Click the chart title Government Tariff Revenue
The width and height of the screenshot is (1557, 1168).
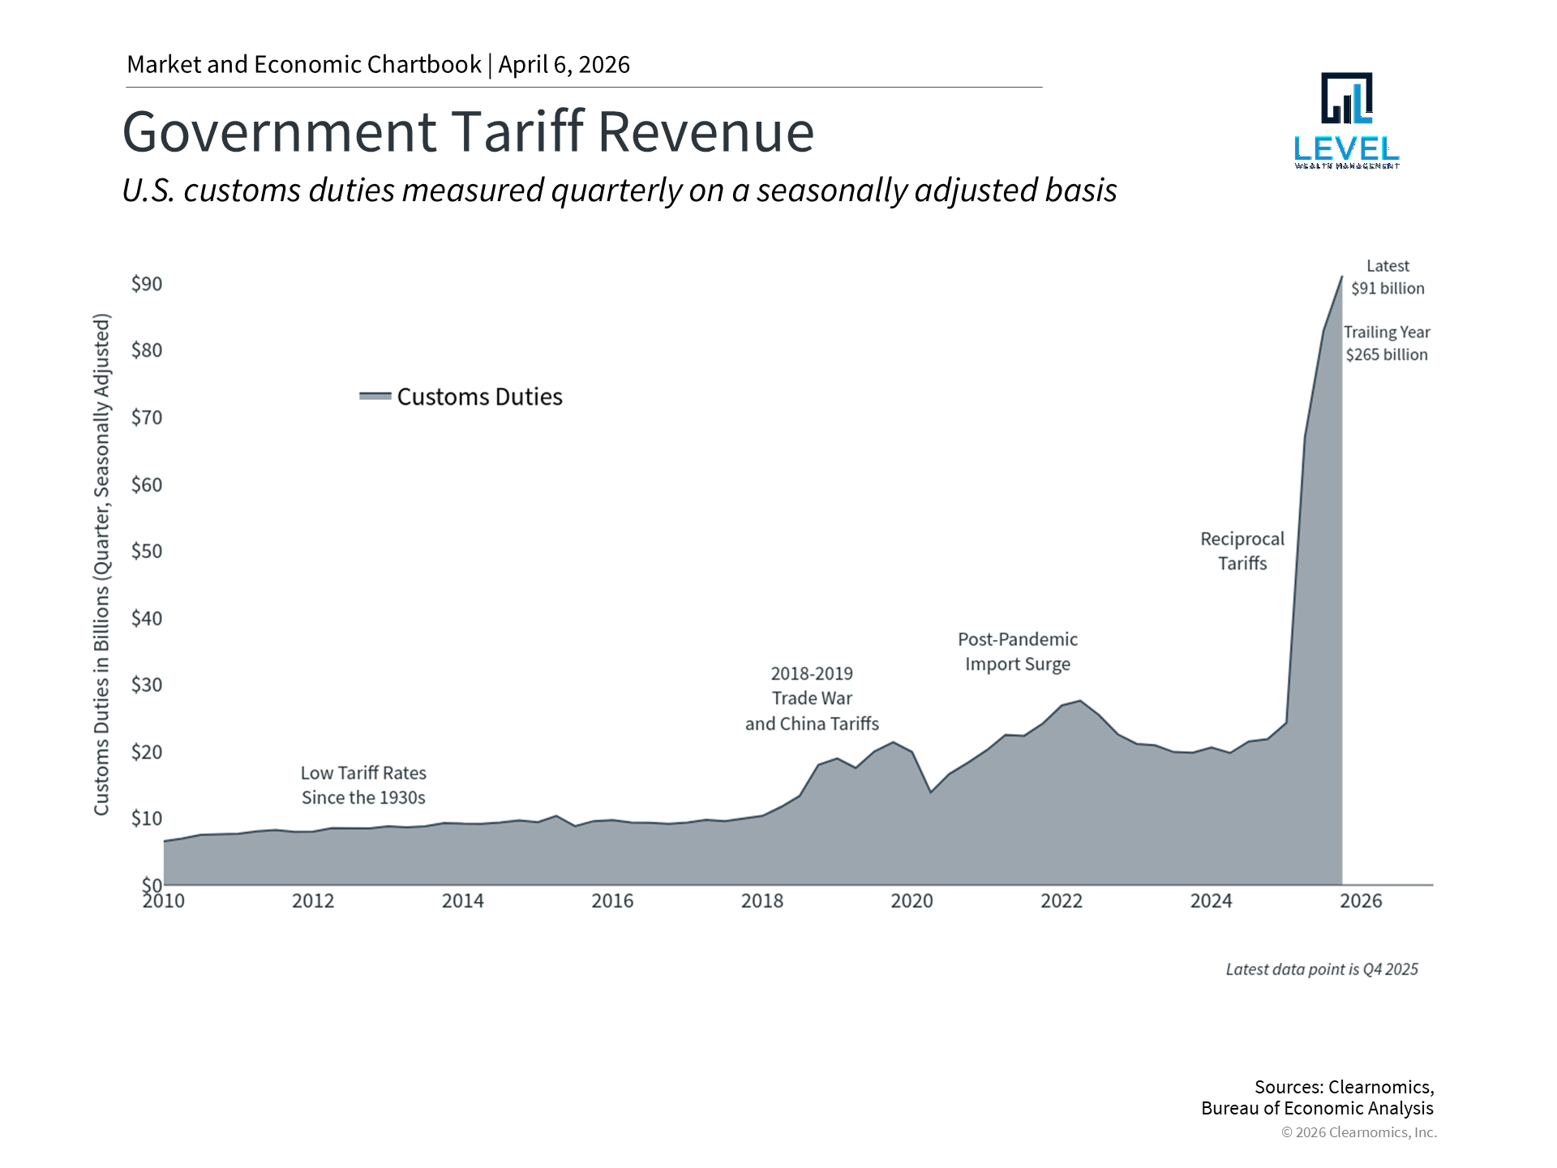(468, 131)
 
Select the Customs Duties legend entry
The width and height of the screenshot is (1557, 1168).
(461, 397)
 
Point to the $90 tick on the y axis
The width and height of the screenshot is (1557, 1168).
(147, 284)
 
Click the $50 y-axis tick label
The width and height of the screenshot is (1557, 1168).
(147, 552)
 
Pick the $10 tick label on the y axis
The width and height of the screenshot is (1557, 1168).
(147, 818)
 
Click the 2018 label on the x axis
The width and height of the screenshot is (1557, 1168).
(761, 901)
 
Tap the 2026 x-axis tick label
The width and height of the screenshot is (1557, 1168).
(1360, 901)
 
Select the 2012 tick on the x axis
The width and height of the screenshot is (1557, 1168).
(313, 901)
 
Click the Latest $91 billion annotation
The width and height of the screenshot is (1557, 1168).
(1387, 277)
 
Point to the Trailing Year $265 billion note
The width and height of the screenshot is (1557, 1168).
(1387, 343)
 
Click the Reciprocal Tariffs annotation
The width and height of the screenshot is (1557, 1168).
(1242, 551)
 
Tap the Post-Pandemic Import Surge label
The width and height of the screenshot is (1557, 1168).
(1017, 651)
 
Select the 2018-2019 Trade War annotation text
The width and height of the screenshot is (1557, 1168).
(811, 698)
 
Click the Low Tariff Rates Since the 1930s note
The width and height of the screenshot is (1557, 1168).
(363, 785)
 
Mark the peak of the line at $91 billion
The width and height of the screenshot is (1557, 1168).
(1341, 277)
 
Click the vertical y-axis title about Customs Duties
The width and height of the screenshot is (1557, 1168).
(101, 564)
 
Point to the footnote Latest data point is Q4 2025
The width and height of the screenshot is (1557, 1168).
(1321, 969)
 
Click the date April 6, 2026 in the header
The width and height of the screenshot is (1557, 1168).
(564, 65)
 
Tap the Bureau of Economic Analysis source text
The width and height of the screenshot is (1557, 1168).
(1317, 1109)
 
